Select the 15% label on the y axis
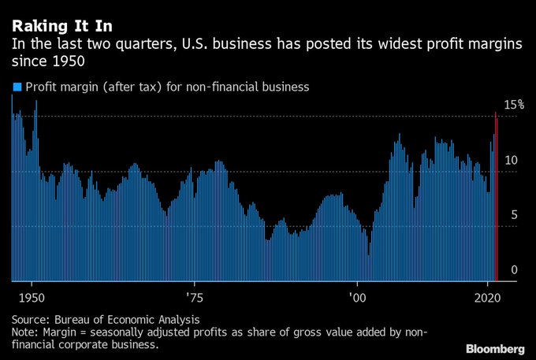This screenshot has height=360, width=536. coord(514,104)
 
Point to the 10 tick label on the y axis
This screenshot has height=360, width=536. coord(511,160)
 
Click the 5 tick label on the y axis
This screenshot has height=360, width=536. coord(514,215)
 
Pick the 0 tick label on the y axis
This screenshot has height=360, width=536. coord(514,270)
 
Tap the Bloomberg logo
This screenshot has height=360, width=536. coord(494,348)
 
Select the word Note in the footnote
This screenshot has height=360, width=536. coord(25,332)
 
